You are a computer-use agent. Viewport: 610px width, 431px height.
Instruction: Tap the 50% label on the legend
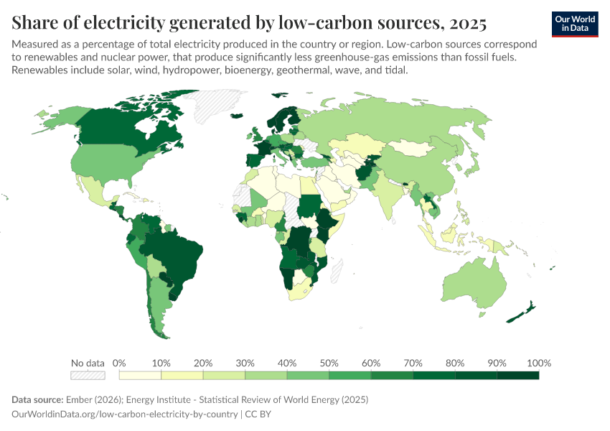pos(329,363)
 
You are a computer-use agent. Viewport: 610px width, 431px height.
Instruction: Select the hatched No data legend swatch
pos(88,375)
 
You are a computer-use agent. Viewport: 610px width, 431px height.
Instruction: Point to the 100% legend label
pos(538,363)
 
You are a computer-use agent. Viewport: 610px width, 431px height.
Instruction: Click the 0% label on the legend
pos(120,363)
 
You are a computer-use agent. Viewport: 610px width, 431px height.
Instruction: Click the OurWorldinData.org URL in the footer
pos(126,414)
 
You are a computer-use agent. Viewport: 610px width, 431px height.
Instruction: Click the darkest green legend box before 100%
pos(517,375)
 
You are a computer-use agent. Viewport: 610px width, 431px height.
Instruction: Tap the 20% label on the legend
pos(203,363)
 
